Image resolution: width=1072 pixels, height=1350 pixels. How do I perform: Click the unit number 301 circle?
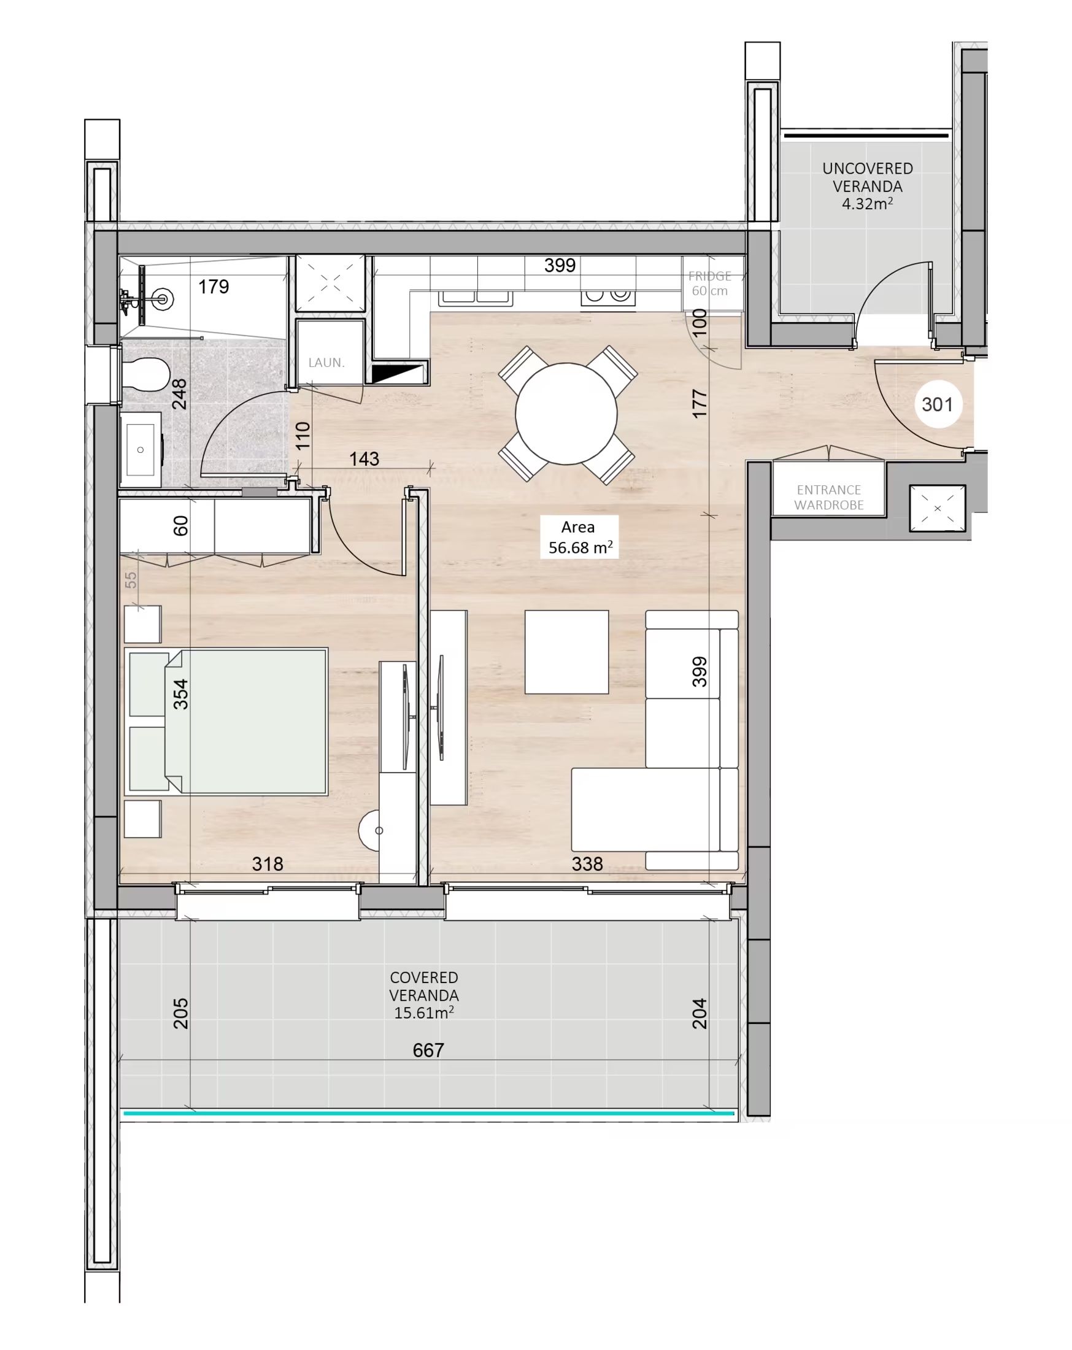[x=937, y=404]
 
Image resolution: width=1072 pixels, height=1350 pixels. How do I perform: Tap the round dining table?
[x=566, y=414]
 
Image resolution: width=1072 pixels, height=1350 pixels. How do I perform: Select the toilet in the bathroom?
[x=145, y=375]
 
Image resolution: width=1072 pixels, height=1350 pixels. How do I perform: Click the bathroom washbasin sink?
[x=141, y=450]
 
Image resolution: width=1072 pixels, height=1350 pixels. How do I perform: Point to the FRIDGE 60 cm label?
[x=709, y=283]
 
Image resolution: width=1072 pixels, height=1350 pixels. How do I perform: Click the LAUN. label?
[x=326, y=363]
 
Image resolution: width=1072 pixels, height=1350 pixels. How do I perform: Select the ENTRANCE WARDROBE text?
[x=828, y=497]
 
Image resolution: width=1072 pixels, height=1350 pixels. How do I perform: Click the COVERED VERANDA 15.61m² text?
[x=424, y=995]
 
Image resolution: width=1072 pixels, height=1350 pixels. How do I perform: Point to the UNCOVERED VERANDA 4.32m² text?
[x=867, y=186]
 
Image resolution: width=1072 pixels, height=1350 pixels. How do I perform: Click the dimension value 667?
[x=428, y=1050]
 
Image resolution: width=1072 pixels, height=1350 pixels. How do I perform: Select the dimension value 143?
[x=364, y=459]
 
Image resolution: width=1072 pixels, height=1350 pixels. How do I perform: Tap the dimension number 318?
[x=268, y=864]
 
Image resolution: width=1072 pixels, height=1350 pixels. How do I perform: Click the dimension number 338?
[x=587, y=864]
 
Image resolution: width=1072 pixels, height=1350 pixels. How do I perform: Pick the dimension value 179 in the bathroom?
[x=214, y=287]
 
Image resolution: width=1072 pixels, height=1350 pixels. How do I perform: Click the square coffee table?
[x=566, y=652]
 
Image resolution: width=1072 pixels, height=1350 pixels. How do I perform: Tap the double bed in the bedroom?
[x=226, y=722]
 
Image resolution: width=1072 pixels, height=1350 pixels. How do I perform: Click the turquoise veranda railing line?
[x=429, y=1113]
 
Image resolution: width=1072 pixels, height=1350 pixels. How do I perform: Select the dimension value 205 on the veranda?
[x=180, y=1014]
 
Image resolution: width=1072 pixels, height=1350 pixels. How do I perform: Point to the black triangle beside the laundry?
[x=396, y=373]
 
